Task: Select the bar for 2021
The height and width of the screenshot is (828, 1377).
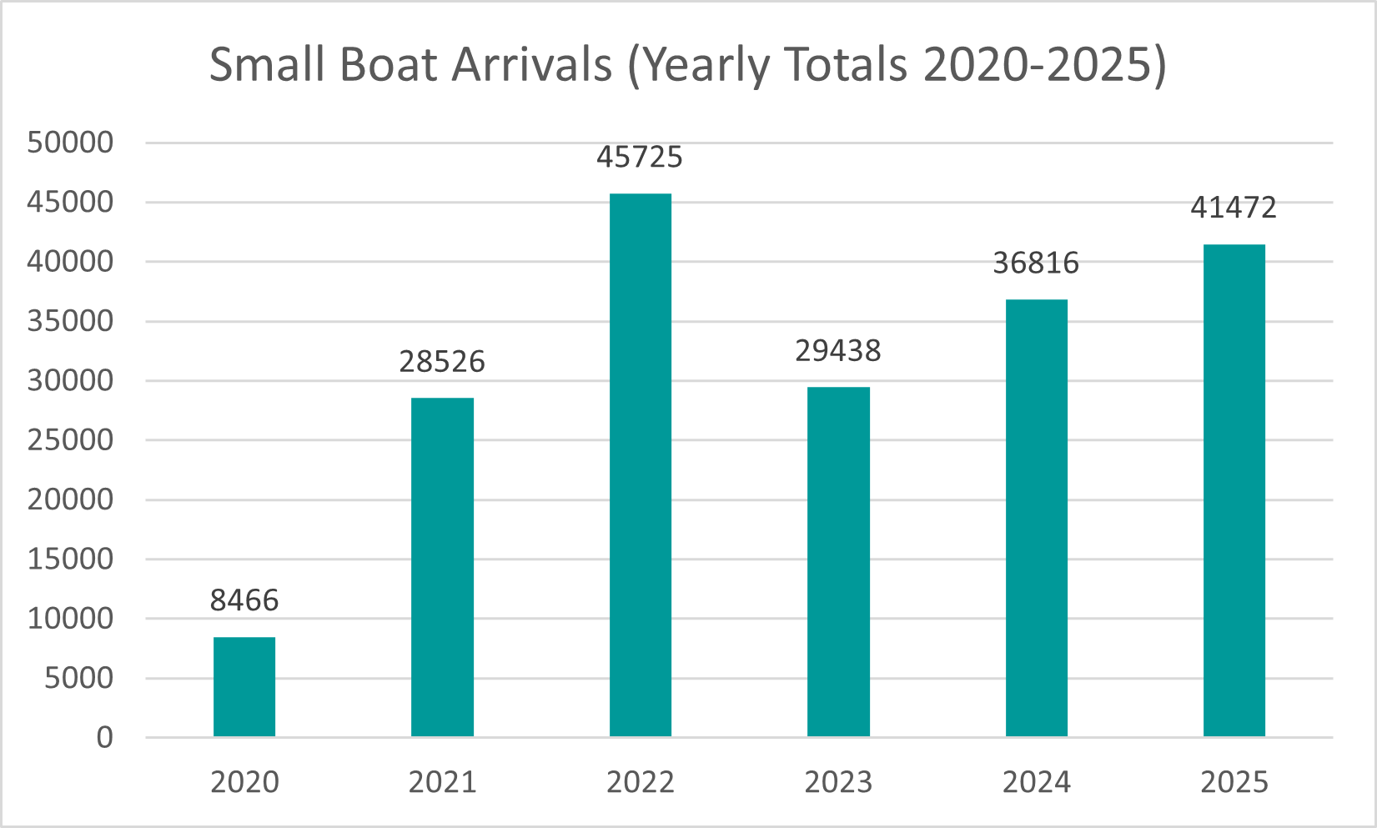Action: click(x=442, y=567)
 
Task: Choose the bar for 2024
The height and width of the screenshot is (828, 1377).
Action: click(x=1036, y=517)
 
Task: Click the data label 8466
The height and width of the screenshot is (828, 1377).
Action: click(x=244, y=600)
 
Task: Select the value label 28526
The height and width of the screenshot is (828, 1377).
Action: click(x=442, y=361)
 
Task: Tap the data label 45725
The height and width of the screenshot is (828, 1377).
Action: click(x=640, y=157)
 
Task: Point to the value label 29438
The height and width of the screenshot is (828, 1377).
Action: click(x=838, y=351)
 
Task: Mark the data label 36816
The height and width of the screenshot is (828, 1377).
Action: click(x=1036, y=263)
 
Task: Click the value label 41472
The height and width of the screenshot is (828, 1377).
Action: click(x=1234, y=207)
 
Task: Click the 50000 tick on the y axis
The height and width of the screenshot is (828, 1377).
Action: click(x=70, y=143)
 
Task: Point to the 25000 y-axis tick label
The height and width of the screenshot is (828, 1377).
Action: click(x=70, y=440)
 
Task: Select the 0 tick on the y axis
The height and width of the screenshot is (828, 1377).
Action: click(x=104, y=737)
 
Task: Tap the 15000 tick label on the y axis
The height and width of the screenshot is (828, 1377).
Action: click(x=70, y=559)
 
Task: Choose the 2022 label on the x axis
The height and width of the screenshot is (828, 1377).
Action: click(x=640, y=782)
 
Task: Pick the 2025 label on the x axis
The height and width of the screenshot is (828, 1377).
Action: click(x=1234, y=782)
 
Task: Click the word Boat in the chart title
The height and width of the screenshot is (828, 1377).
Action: click(x=391, y=64)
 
